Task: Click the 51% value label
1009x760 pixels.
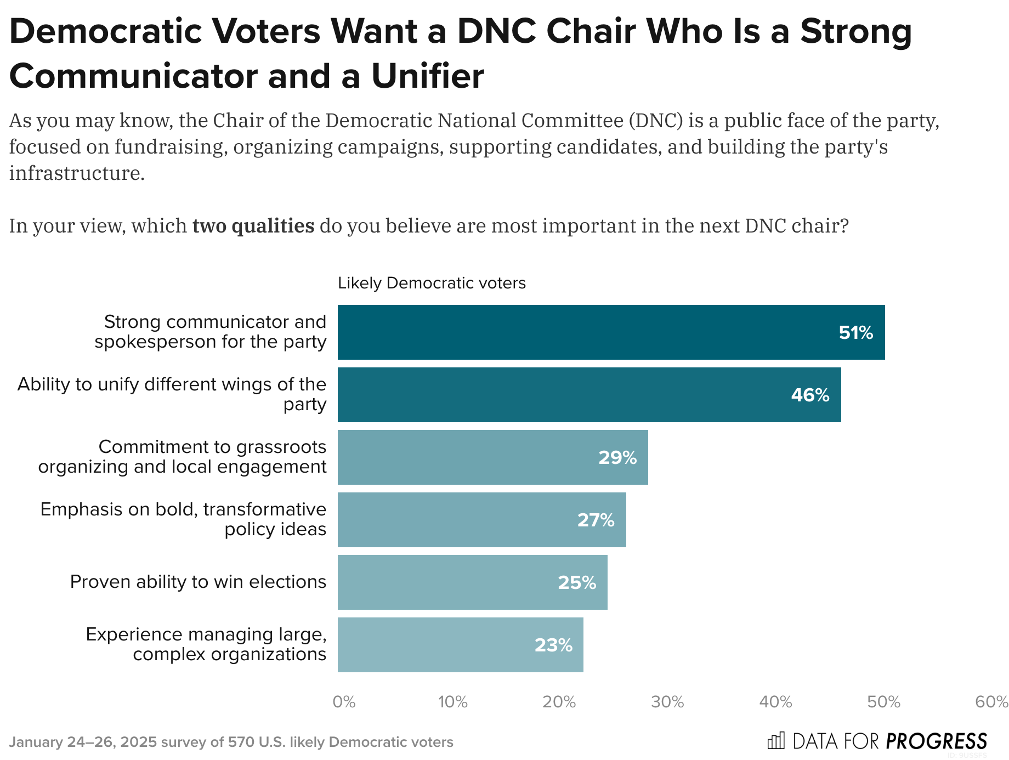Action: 855,333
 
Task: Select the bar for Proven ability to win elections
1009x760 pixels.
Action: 472,582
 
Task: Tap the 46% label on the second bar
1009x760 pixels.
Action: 810,395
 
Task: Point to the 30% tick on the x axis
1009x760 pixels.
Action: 667,702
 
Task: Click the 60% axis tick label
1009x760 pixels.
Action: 991,702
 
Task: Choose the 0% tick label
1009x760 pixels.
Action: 344,702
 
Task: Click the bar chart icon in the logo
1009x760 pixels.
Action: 776,741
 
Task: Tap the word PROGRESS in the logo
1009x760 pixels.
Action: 936,741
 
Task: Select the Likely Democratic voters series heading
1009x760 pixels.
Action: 432,283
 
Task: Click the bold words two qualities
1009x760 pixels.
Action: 253,226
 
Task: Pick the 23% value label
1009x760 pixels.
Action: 553,645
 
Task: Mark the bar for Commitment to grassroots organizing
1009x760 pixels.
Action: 492,457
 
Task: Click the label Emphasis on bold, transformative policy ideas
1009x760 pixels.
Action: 183,519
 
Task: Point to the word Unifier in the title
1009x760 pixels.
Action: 427,76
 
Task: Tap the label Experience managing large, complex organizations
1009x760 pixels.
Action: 206,644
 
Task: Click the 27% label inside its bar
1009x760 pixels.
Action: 596,520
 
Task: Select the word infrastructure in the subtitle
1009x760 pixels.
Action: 77,173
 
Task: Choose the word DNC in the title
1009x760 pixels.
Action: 496,31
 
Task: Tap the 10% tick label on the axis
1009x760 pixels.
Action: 453,702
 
